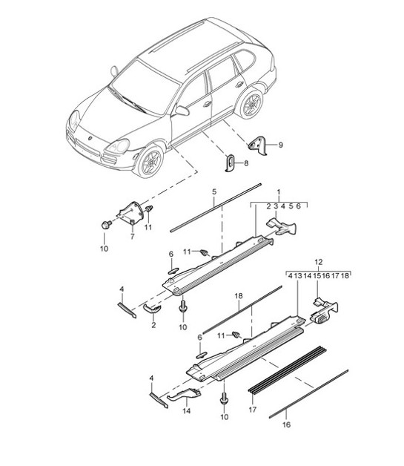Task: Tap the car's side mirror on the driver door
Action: pyautogui.click(x=180, y=112)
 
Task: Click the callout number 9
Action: pyautogui.click(x=280, y=145)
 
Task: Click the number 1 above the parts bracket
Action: pyautogui.click(x=278, y=192)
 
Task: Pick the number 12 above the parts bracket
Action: pyautogui.click(x=319, y=261)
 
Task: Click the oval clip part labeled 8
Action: pyautogui.click(x=230, y=162)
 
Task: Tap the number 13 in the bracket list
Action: pyautogui.click(x=299, y=275)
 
